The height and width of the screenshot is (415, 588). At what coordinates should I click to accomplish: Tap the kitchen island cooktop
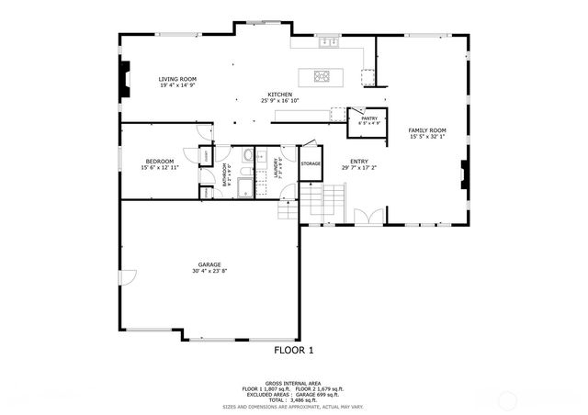322,75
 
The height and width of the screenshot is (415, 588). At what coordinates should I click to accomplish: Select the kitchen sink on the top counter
327,42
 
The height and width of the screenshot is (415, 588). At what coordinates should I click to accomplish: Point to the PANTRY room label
369,118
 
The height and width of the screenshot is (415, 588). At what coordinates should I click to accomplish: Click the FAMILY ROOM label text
427,130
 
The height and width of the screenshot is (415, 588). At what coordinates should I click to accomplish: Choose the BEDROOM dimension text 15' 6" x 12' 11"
160,168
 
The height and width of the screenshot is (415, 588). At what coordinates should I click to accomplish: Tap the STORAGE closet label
311,163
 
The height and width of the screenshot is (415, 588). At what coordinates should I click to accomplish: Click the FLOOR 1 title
294,350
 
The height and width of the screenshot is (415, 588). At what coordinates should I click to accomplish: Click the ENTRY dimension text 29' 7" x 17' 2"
359,168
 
